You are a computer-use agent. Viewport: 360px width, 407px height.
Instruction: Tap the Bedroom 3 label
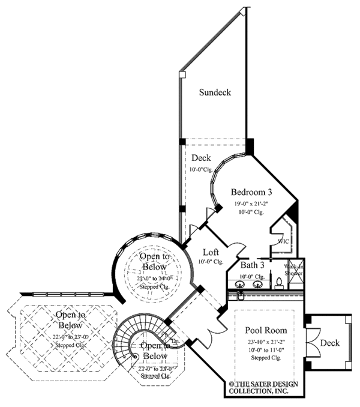[252, 193]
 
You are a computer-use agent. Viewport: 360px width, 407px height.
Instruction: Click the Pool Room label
[265, 330]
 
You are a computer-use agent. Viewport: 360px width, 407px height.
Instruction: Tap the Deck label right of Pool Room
[329, 343]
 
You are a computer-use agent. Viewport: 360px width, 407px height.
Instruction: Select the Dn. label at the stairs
[176, 341]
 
